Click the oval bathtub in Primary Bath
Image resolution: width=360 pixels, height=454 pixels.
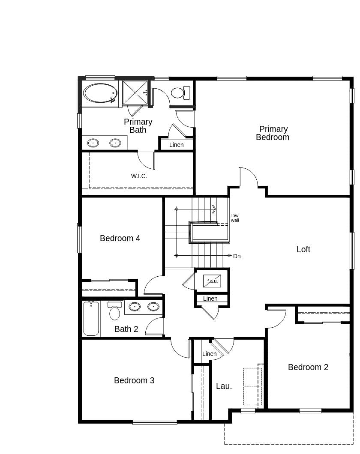click(x=100, y=93)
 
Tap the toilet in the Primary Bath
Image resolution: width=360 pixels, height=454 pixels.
click(x=180, y=93)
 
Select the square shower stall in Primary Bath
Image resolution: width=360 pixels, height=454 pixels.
click(x=135, y=93)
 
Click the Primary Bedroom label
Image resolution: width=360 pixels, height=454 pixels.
click(x=273, y=133)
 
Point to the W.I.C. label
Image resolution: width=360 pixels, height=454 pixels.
click(x=139, y=176)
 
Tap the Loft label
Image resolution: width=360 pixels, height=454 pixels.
click(x=303, y=249)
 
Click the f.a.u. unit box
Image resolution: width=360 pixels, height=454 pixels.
click(x=213, y=281)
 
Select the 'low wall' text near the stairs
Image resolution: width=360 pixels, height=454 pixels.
click(x=235, y=218)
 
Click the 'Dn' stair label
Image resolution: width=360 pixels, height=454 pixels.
click(x=237, y=256)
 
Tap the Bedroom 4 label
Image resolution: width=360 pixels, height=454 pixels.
click(x=120, y=238)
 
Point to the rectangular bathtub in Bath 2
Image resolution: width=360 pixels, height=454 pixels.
click(x=91, y=319)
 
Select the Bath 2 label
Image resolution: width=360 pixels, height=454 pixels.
click(x=126, y=329)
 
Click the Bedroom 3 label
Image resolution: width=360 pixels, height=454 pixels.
click(x=134, y=380)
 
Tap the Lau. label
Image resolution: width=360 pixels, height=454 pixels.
click(x=224, y=386)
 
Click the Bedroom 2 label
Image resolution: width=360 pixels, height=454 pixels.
click(x=308, y=367)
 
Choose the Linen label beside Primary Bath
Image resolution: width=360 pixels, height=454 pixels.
click(x=176, y=145)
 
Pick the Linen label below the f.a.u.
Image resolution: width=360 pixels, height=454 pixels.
click(x=210, y=299)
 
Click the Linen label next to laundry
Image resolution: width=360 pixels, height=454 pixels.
click(x=209, y=354)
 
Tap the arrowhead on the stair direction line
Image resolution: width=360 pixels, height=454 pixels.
click(x=213, y=209)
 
